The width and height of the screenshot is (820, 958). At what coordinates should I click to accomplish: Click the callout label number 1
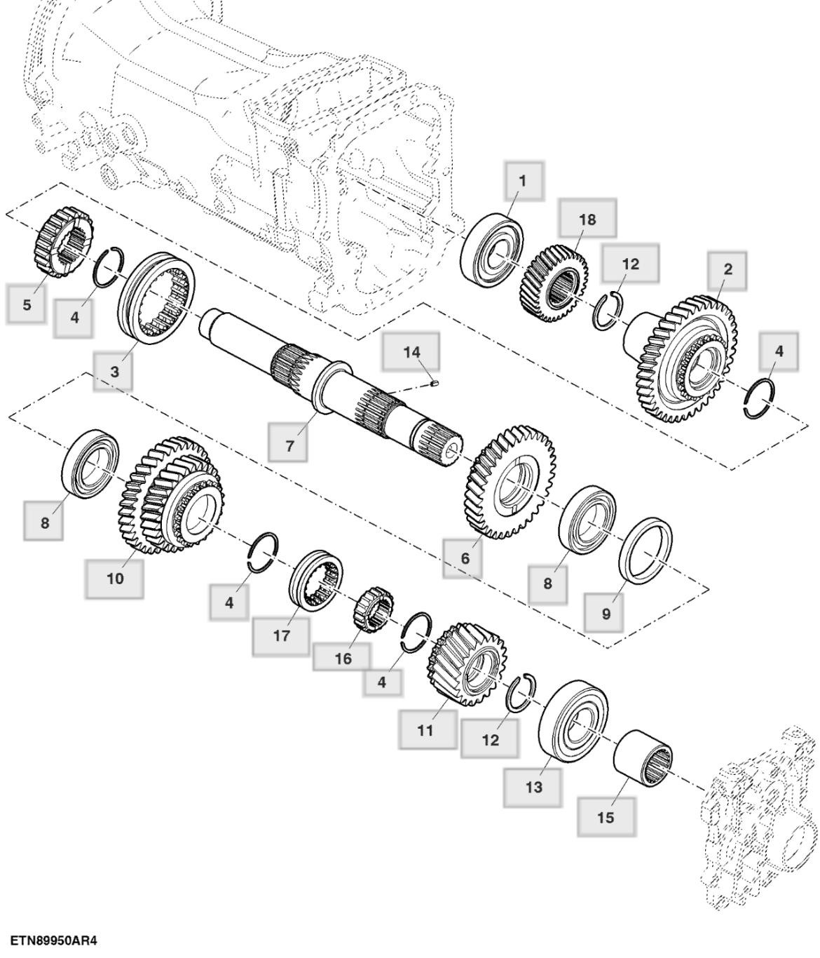click(x=521, y=180)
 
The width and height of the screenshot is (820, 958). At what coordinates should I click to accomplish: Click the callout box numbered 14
click(x=411, y=351)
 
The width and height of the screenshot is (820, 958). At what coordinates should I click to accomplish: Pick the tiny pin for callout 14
click(x=433, y=383)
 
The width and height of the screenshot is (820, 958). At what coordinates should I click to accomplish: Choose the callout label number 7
click(x=289, y=445)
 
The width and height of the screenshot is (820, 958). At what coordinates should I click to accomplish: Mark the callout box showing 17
click(x=281, y=636)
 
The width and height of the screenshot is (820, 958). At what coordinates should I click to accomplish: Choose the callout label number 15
click(x=606, y=817)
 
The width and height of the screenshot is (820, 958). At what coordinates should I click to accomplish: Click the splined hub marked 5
click(x=64, y=241)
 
